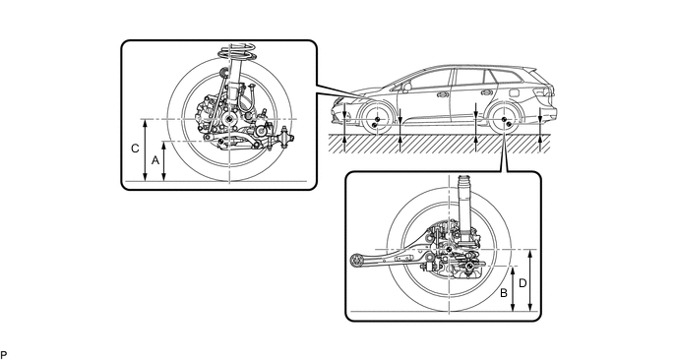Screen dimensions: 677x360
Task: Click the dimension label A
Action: pos(155,160)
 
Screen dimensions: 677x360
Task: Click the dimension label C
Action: pos(135,149)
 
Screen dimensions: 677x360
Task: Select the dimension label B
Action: pos(504,293)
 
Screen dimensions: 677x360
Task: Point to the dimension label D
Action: pos(523,283)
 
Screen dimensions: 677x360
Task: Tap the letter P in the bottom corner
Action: pos(4,355)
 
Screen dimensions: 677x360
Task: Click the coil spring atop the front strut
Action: pos(236,53)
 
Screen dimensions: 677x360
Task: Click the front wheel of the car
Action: pos(376,120)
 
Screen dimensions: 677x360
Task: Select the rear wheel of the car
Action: pos(504,120)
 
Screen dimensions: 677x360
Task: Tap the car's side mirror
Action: pos(406,87)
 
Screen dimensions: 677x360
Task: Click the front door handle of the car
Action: pos(441,93)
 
